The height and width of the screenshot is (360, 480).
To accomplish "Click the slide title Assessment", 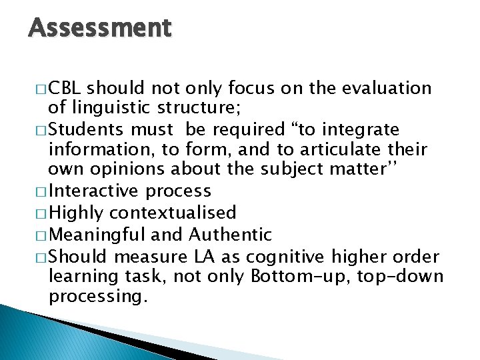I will pyautogui.click(x=100, y=28).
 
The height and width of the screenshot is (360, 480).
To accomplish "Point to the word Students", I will pyautogui.click(x=82, y=129).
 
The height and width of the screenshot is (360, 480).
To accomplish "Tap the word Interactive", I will pyautogui.click(x=94, y=191).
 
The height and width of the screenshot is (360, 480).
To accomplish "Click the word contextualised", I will pyautogui.click(x=173, y=213).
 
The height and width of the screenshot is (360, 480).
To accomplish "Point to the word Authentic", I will pyautogui.click(x=231, y=234).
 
